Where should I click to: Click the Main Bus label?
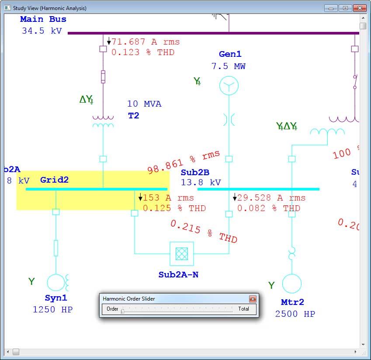click(43, 19)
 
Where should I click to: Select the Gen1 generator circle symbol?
click(229, 85)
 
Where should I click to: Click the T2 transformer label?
click(133, 116)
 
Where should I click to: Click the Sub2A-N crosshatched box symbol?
click(181, 253)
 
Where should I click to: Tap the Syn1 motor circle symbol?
click(56, 283)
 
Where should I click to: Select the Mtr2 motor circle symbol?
click(291, 284)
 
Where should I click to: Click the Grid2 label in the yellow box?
click(54, 180)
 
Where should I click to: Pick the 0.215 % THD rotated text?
click(204, 232)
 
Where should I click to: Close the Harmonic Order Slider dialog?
click(253, 299)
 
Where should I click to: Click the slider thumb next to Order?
click(123, 311)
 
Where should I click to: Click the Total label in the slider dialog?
click(243, 309)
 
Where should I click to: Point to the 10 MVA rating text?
click(144, 104)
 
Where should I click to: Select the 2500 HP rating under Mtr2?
click(295, 314)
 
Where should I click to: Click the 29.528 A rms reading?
click(271, 198)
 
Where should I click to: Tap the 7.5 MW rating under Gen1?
click(228, 66)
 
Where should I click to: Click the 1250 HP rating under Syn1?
click(52, 310)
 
